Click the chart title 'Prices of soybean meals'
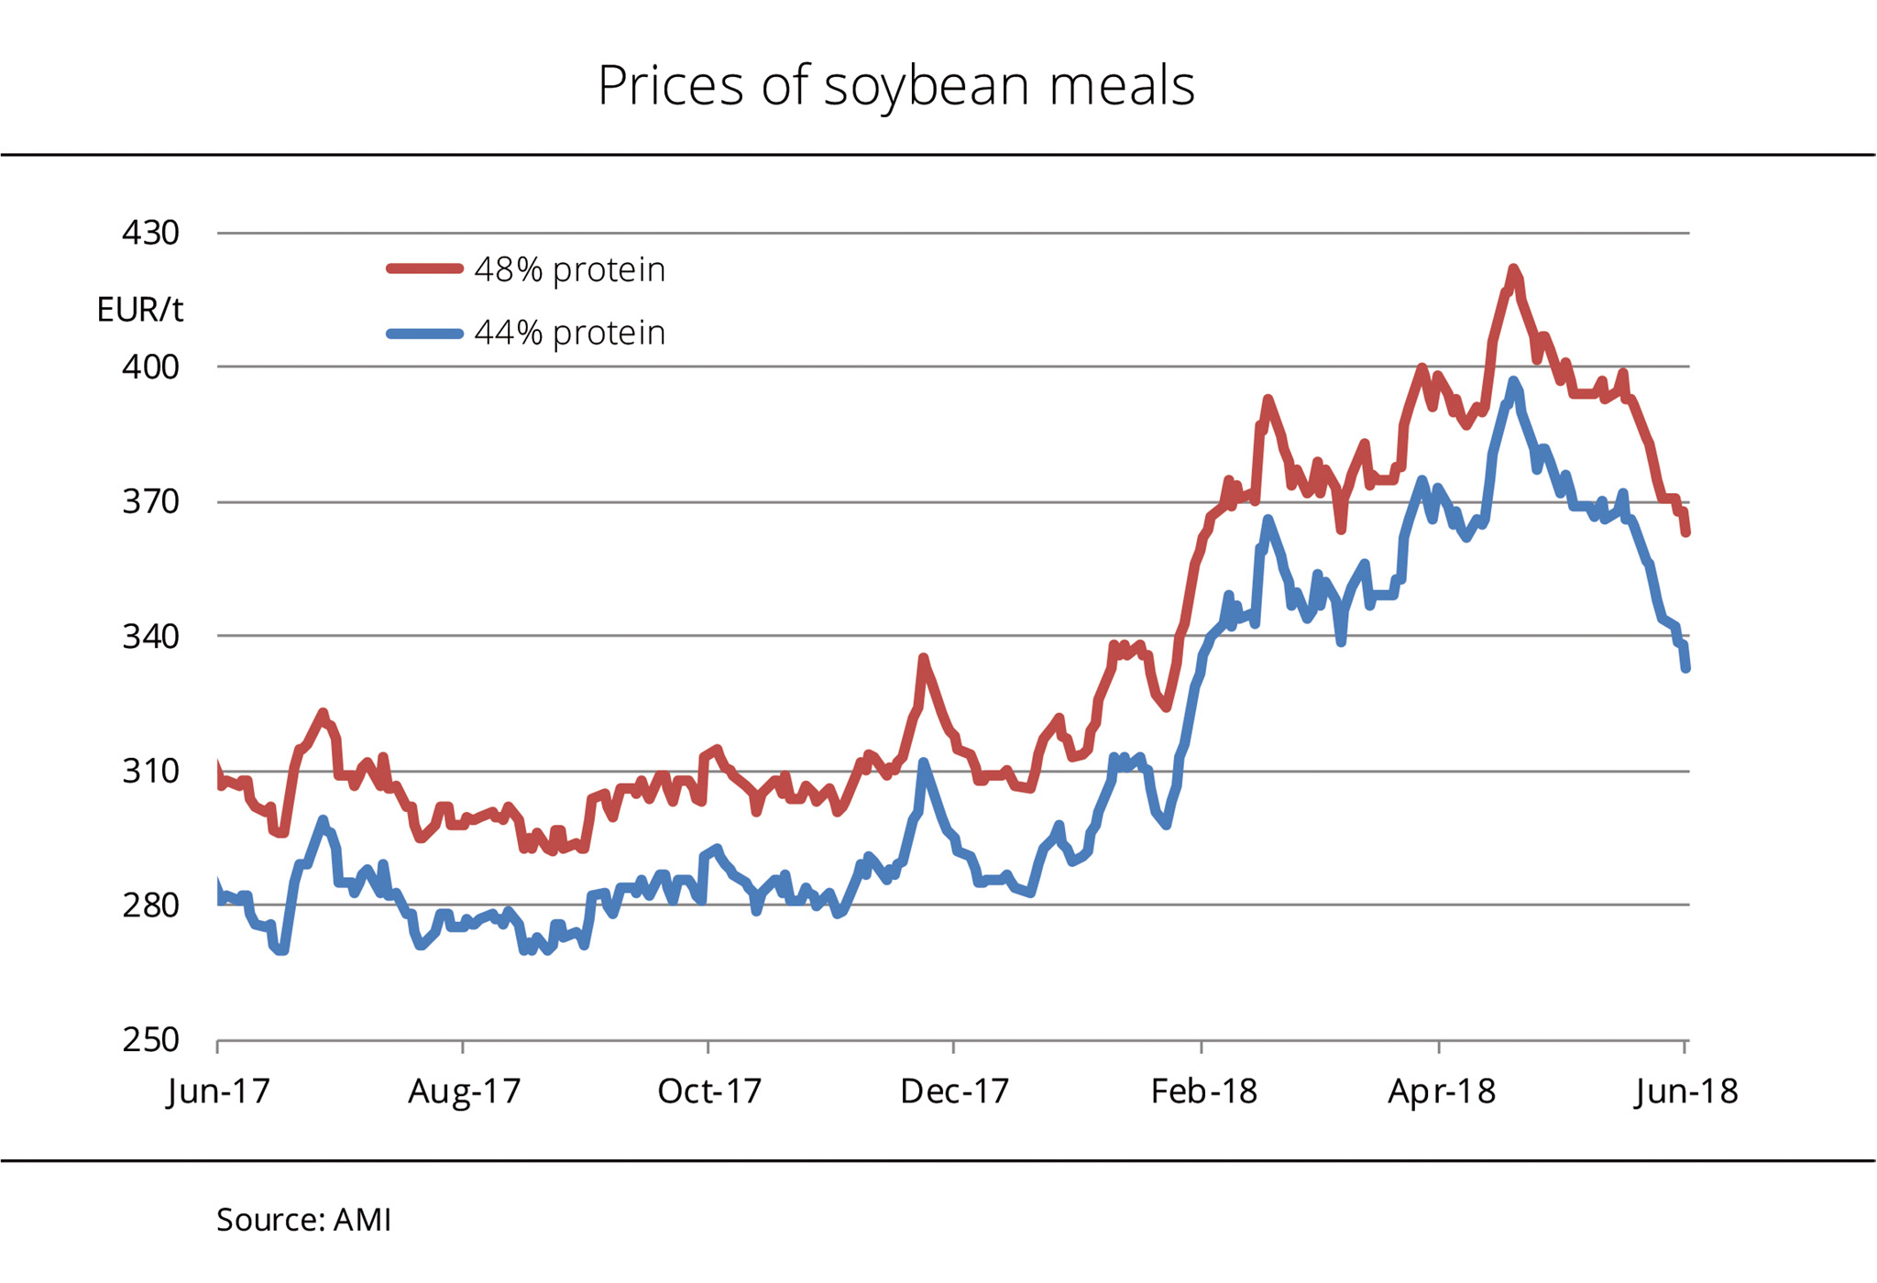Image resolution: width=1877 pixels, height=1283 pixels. pyautogui.click(x=895, y=86)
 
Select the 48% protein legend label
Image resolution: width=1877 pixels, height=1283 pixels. pyautogui.click(x=569, y=270)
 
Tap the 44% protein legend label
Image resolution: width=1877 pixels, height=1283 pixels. pyautogui.click(x=569, y=333)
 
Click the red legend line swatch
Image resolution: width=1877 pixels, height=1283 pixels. pyautogui.click(x=424, y=269)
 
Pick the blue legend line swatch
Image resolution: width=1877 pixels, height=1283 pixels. pyautogui.click(x=424, y=334)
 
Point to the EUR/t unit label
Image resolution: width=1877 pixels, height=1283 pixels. pyautogui.click(x=139, y=311)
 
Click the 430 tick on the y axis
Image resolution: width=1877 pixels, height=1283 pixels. pyautogui.click(x=151, y=234)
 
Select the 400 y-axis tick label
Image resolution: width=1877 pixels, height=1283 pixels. pyautogui.click(x=151, y=367)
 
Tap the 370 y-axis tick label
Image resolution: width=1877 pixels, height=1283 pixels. pyautogui.click(x=151, y=502)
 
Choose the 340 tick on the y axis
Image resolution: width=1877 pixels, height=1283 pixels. pyautogui.click(x=151, y=636)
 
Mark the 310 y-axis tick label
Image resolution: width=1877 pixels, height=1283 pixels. pyautogui.click(x=151, y=772)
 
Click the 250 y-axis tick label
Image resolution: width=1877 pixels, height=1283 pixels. pyautogui.click(x=151, y=1040)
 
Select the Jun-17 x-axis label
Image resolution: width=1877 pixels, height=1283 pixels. pyautogui.click(x=218, y=1091)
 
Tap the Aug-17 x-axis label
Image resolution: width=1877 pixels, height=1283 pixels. pyautogui.click(x=464, y=1091)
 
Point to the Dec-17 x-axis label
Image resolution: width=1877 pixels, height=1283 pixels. pyautogui.click(x=954, y=1091)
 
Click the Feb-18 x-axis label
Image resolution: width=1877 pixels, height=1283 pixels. pyautogui.click(x=1203, y=1091)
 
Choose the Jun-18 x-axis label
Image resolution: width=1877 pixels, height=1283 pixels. pyautogui.click(x=1685, y=1091)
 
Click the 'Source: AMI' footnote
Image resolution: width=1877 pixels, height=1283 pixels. pyautogui.click(x=303, y=1220)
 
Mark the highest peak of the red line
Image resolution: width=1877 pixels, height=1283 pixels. pyautogui.click(x=1512, y=269)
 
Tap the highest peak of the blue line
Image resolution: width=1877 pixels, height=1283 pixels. pyautogui.click(x=1512, y=381)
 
